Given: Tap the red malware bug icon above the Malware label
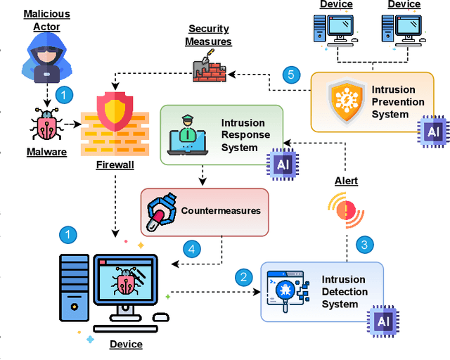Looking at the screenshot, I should pos(46,125).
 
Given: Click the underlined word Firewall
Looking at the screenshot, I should pos(116,165).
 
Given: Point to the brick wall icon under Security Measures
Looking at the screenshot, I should pos(208,69).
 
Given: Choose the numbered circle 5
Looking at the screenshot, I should pos(292,75).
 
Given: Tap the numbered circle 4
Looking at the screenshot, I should pos(191,248).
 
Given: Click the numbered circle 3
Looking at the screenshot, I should pos(364,245).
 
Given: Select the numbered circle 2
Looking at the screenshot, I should pos(243,276).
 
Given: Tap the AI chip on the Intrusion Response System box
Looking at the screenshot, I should pos(282,165).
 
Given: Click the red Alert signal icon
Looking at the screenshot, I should pos(345,209).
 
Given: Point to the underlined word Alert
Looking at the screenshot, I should pos(345,181).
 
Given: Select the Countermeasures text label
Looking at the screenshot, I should pos(221,210).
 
